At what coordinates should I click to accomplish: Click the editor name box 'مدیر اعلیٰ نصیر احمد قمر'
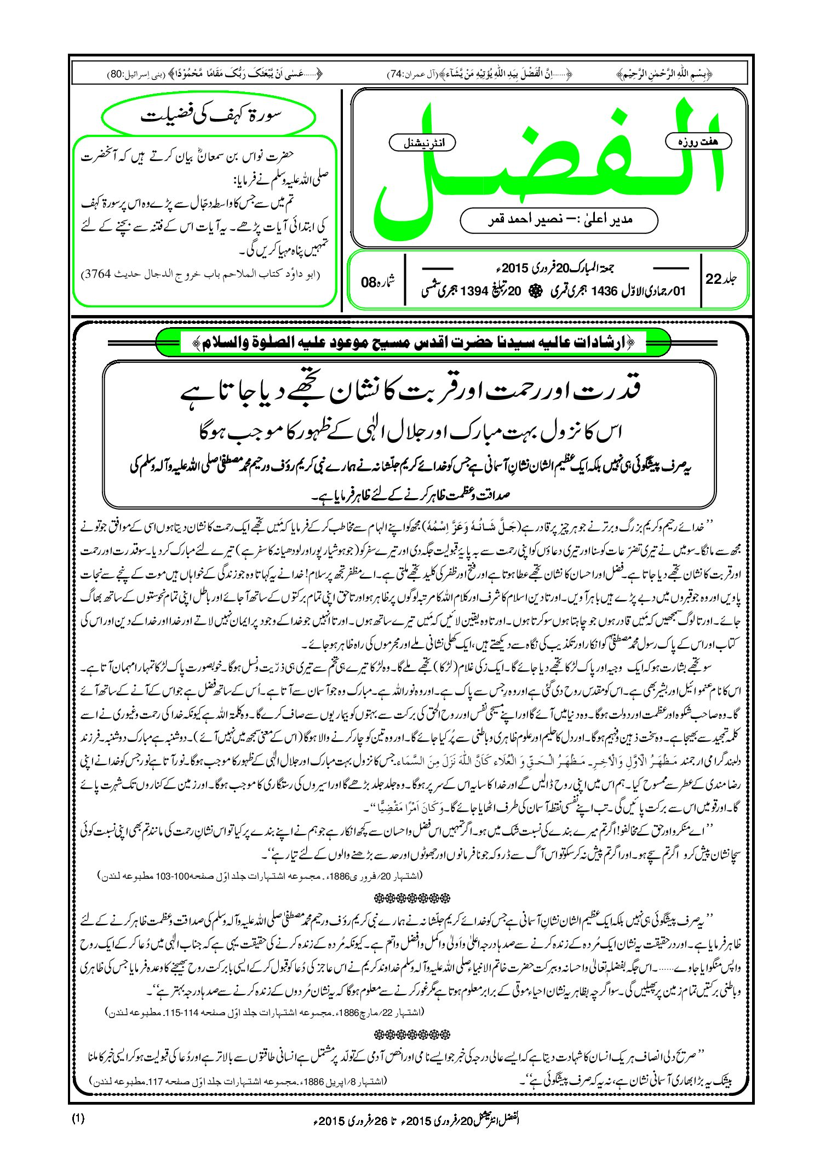tap(559, 220)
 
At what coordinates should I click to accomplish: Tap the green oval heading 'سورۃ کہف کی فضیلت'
tap(210, 116)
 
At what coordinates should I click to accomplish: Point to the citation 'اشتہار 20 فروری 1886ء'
tap(257, 875)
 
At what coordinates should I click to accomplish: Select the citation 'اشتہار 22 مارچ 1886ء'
tap(263, 1012)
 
